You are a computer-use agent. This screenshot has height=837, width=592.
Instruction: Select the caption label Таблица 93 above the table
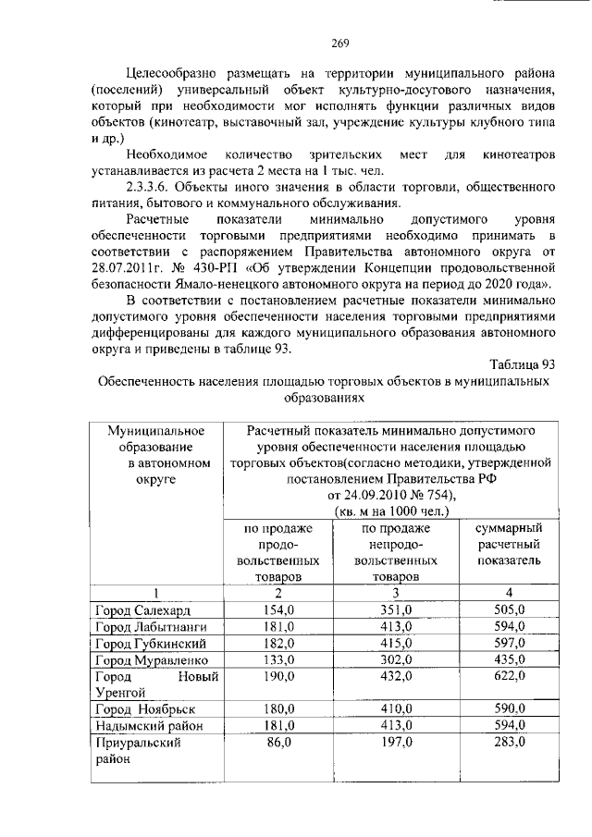point(518,363)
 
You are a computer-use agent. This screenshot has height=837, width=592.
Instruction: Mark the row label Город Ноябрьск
point(141,708)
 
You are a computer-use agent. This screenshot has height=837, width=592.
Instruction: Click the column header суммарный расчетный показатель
point(508,544)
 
